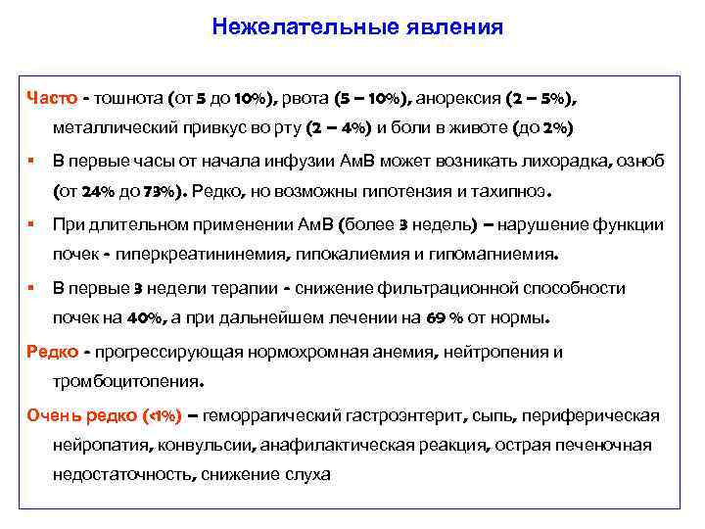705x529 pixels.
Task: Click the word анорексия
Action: [x=459, y=98]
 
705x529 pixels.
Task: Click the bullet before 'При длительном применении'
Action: [x=32, y=225]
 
